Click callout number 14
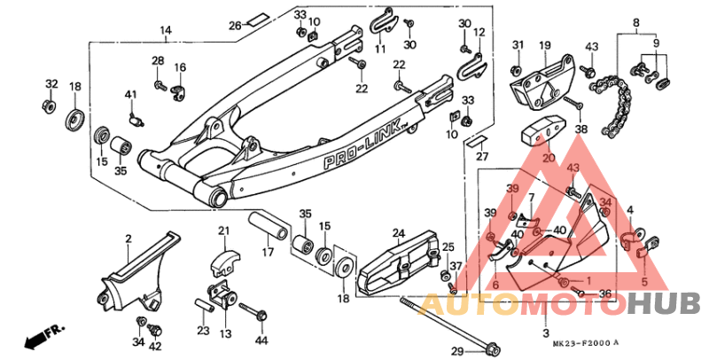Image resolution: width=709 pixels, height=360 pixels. pyautogui.click(x=165, y=31)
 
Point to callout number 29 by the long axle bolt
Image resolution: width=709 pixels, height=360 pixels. pyautogui.click(x=456, y=351)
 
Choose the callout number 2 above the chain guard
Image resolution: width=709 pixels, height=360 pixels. pyautogui.click(x=128, y=239)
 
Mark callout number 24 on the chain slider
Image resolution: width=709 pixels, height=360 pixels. pyautogui.click(x=399, y=234)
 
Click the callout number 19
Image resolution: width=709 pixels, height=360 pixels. pyautogui.click(x=544, y=45)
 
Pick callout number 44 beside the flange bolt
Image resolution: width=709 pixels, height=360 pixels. pyautogui.click(x=261, y=340)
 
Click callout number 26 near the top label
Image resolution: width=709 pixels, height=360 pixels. pyautogui.click(x=235, y=25)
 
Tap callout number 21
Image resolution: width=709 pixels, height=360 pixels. pyautogui.click(x=223, y=232)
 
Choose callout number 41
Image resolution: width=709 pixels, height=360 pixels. pyautogui.click(x=130, y=95)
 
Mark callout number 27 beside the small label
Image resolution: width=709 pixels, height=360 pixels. pyautogui.click(x=482, y=157)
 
